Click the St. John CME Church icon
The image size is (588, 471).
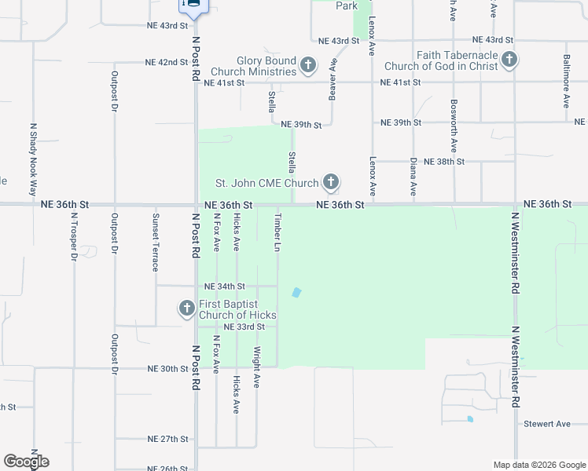[331, 183]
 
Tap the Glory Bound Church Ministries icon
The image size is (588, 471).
[308, 64]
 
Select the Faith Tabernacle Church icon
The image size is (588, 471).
[509, 59]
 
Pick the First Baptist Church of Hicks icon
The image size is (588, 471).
[187, 308]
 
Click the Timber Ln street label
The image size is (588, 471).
[277, 232]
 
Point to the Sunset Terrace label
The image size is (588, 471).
[156, 243]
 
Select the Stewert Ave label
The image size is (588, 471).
[547, 424]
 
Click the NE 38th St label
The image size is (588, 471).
[444, 161]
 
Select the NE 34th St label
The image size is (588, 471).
[225, 287]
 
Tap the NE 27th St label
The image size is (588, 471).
[168, 439]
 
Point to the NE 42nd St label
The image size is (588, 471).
[167, 62]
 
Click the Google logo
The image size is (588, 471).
[26, 462]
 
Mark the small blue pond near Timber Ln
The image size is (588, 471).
[296, 293]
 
